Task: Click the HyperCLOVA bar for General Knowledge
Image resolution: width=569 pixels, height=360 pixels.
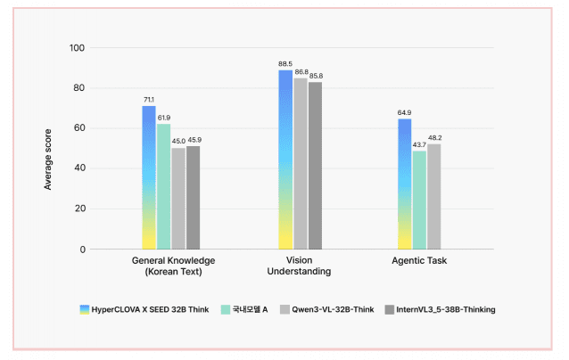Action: (x=149, y=178)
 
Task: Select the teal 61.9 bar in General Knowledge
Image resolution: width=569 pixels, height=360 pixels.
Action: (x=164, y=187)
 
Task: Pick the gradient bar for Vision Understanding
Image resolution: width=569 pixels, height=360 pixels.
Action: (x=285, y=160)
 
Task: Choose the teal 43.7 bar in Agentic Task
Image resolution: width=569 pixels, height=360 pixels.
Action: (x=419, y=200)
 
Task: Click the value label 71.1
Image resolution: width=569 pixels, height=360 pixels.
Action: (x=149, y=100)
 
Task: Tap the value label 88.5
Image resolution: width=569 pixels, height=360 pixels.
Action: (x=285, y=64)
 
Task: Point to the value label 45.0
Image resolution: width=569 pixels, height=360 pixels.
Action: (x=178, y=141)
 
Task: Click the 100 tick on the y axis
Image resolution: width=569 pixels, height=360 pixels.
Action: (x=78, y=47)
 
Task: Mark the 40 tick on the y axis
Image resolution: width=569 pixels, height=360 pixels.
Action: (x=80, y=168)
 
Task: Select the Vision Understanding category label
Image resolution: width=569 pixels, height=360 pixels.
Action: (x=300, y=266)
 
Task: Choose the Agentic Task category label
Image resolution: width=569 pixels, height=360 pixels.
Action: (x=419, y=261)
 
